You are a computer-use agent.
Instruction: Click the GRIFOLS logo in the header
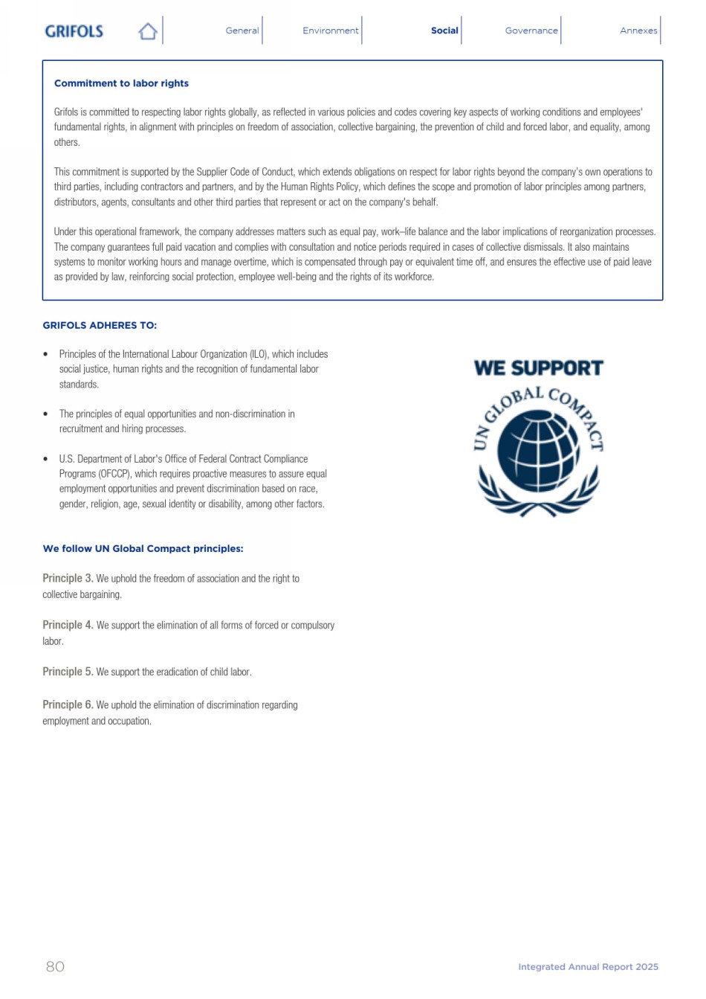tap(74, 31)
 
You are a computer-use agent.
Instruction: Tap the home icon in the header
tap(148, 31)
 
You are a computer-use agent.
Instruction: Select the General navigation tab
tap(242, 30)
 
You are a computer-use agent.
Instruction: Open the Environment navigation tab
tap(330, 30)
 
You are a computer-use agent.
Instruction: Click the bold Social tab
tap(444, 30)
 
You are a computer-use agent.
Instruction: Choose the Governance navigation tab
tap(531, 30)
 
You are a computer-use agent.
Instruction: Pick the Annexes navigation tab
tap(638, 30)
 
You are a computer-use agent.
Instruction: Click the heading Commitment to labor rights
tap(121, 83)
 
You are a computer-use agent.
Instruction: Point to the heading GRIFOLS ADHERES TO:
tap(100, 325)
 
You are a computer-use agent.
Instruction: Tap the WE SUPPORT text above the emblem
tap(538, 368)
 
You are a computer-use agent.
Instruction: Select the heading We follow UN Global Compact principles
tap(143, 548)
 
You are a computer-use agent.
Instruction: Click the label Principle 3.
tap(68, 578)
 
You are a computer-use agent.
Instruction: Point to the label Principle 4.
tap(68, 625)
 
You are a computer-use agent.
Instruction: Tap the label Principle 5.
tap(68, 672)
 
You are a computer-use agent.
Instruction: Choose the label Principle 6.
tap(68, 704)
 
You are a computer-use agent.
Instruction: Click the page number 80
tap(55, 966)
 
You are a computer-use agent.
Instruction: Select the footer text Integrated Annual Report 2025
tap(588, 967)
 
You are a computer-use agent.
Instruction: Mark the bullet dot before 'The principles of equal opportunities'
tap(46, 414)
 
